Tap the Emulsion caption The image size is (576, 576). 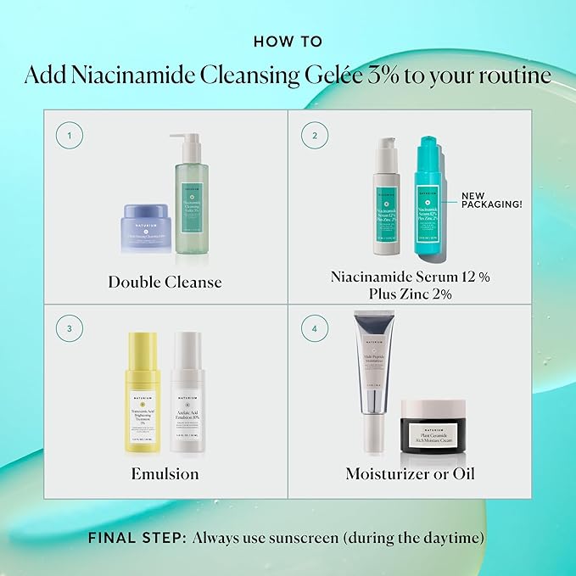pyautogui.click(x=166, y=473)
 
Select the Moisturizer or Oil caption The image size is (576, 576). pyautogui.click(x=410, y=473)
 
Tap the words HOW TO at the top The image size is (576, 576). pyautogui.click(x=288, y=40)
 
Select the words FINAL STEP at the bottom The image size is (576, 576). pyautogui.click(x=137, y=537)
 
